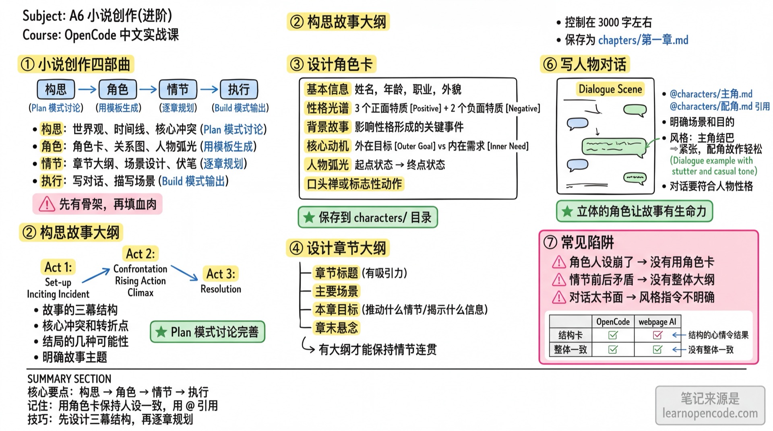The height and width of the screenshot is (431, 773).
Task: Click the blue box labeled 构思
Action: point(56,89)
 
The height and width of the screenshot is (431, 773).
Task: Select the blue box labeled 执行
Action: point(239,89)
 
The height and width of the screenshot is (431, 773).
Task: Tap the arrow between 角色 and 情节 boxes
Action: point(148,89)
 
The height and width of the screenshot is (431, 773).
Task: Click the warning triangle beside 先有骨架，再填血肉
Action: point(47,204)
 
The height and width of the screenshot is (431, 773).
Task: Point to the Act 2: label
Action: point(140,254)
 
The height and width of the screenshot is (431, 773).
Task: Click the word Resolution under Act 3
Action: point(221,289)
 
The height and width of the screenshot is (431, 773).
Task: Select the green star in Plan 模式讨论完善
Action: point(161,332)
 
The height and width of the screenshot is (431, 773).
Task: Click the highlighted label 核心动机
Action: point(327,146)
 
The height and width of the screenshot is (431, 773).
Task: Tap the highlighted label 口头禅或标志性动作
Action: point(354,184)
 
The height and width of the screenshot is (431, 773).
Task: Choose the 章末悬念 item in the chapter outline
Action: point(336,328)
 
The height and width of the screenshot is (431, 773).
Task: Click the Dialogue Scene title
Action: point(610,89)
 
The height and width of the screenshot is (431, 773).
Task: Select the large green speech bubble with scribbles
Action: point(613,146)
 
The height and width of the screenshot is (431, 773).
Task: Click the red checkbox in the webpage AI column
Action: point(657,335)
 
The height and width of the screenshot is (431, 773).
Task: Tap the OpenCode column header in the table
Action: point(612,322)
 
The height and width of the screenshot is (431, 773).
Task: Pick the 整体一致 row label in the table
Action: point(570,349)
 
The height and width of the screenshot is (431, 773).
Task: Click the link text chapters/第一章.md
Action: point(643,40)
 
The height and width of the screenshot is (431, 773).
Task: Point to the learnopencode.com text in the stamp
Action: point(710,413)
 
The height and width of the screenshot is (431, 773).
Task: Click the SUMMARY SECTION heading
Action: point(69,379)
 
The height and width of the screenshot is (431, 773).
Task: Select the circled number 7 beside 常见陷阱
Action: point(550,242)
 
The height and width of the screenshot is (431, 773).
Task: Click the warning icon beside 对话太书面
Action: point(559,297)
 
